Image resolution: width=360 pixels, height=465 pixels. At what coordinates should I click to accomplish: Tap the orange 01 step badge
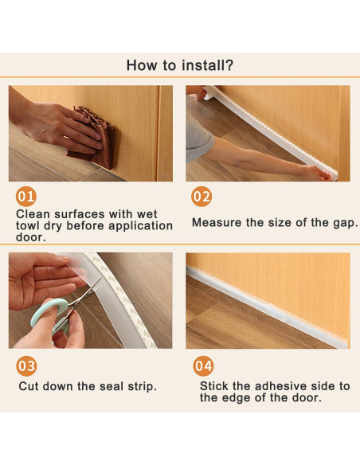coord(26,197)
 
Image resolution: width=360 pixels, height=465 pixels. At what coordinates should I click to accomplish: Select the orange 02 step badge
coord(202,197)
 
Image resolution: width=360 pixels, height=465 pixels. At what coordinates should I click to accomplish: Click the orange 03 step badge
coord(27,366)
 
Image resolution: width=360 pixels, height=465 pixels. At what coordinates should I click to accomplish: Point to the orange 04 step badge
coord(203,366)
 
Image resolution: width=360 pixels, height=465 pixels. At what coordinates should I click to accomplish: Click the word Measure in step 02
coord(217,222)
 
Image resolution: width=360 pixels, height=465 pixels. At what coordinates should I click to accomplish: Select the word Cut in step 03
coord(29,386)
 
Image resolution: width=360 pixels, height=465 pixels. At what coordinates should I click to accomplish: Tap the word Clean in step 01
coord(33,214)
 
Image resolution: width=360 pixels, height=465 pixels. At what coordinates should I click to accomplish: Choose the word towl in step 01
coord(28,225)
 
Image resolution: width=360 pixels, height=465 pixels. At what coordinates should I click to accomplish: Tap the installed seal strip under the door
coord(266,307)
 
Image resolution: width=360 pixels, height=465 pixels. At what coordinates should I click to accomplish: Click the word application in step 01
coord(140,226)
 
